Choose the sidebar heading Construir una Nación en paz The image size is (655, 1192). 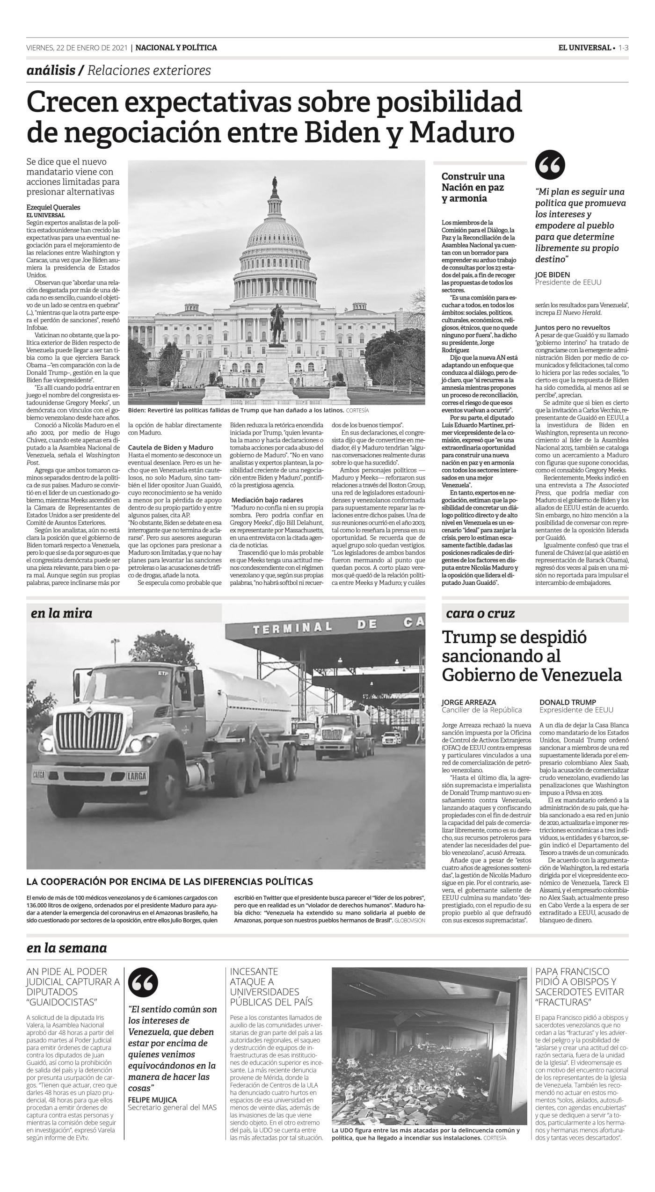click(x=473, y=187)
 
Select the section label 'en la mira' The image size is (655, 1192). click(x=62, y=613)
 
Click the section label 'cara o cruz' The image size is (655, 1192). click(x=480, y=613)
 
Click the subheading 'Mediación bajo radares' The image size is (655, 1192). click(x=267, y=487)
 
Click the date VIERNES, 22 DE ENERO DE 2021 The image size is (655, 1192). click(x=77, y=48)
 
